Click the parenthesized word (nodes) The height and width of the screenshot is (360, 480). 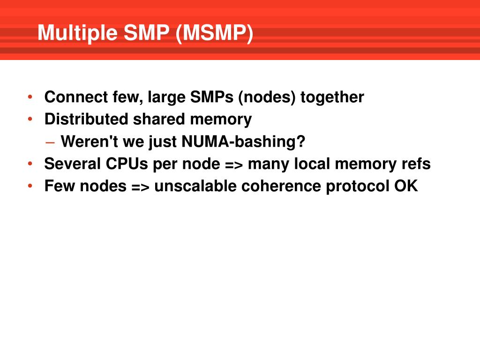267,97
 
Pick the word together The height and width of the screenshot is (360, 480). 332,97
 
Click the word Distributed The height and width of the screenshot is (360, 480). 86,120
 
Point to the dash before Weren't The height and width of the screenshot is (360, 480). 51,142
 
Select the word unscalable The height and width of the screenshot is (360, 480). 195,186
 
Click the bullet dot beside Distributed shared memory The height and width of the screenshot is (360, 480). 30,120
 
